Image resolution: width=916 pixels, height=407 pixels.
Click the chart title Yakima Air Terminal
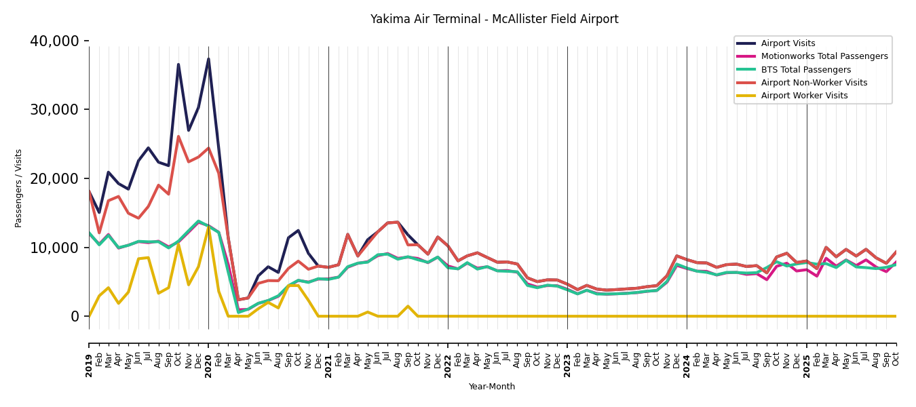click(494, 20)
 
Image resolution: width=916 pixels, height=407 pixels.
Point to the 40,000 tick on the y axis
click(54, 41)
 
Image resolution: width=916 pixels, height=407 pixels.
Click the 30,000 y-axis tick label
click(54, 110)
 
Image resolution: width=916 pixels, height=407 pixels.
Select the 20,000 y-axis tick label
click(54, 179)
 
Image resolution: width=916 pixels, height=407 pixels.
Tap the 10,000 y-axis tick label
click(54, 248)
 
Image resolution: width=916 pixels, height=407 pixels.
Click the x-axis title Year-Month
click(492, 387)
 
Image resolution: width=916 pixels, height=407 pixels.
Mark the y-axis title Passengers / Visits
click(18, 188)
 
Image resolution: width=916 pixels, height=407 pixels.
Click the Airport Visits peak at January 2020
click(208, 59)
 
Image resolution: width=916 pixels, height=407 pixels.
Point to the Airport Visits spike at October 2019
click(178, 64)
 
